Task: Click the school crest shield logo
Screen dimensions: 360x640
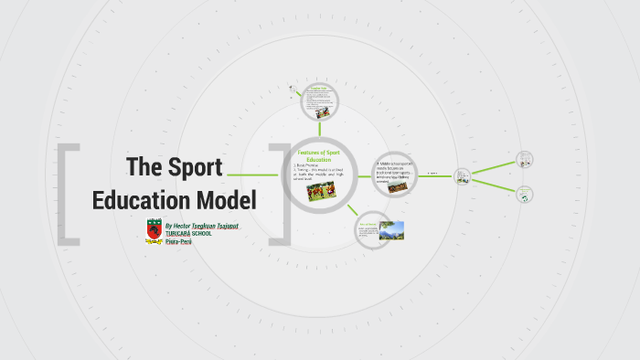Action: pos(154,230)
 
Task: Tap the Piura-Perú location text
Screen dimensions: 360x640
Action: pos(178,242)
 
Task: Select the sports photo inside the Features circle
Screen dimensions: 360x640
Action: pos(319,193)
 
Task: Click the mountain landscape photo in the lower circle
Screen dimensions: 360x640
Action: pos(391,230)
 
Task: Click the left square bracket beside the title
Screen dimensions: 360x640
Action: pos(67,191)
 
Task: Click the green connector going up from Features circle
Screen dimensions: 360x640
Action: pos(319,129)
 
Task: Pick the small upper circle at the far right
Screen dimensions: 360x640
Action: pos(525,159)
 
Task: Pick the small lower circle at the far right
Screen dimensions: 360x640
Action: pos(525,193)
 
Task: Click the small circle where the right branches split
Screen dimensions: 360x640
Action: pos(463,174)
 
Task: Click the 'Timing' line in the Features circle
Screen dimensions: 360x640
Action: pos(319,173)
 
